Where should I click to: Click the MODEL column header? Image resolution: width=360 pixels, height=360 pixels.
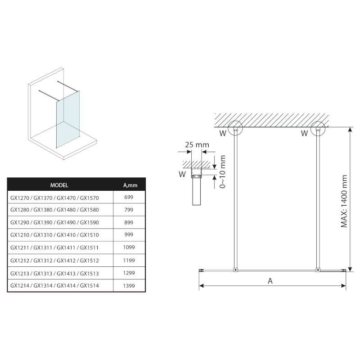59,185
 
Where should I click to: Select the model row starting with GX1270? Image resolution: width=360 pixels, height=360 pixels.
54,197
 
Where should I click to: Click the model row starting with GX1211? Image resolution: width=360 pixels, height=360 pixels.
54,247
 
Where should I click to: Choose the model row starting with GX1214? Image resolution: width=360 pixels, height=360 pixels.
54,286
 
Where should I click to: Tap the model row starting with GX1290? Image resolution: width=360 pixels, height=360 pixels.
54,222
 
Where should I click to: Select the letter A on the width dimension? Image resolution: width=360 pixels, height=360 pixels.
270,281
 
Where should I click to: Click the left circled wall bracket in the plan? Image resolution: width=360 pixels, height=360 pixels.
235,129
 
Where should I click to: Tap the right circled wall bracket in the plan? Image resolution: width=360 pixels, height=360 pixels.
318,129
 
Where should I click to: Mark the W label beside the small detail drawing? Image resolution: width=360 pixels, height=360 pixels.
182,173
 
